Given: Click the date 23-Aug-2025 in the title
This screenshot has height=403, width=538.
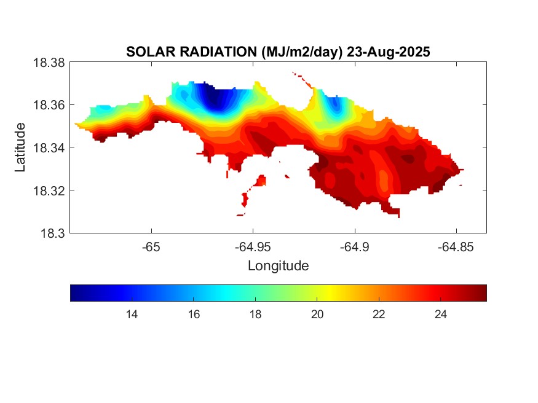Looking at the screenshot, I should click(388, 52).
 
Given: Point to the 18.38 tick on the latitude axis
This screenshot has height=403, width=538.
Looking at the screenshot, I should click(49, 63).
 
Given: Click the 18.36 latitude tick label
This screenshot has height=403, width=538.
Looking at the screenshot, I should click(49, 105).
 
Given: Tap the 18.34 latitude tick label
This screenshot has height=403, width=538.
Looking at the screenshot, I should click(49, 148).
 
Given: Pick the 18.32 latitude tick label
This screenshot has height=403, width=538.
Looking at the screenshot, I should click(49, 190).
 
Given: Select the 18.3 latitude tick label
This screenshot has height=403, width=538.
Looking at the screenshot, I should click(53, 233).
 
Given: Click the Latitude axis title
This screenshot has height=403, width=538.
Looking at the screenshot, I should click(21, 147).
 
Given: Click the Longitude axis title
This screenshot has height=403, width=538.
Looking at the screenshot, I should click(278, 266).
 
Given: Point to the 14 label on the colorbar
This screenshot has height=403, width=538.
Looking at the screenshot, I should click(131, 315).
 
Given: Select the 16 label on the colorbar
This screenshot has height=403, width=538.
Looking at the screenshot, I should click(194, 315).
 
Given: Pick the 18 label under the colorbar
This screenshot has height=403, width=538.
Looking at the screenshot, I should click(255, 315).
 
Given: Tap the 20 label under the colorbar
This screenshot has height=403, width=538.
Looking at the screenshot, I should click(317, 315).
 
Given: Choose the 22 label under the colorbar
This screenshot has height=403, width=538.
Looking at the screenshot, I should click(379, 315).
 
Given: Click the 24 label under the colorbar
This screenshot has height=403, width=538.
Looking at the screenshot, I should click(440, 315).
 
